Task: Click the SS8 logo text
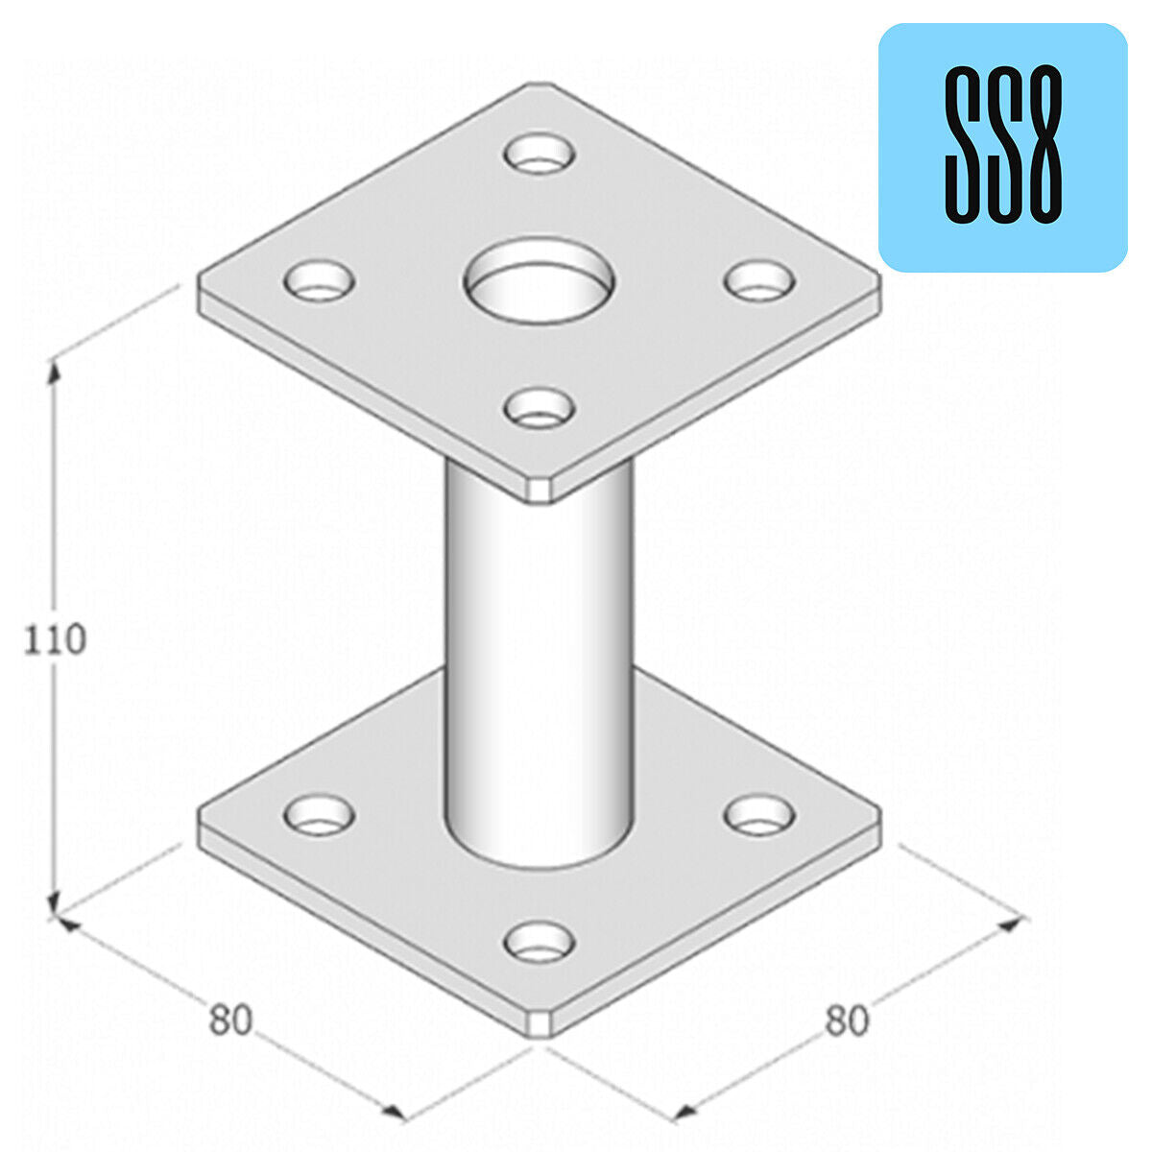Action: pos(1003,145)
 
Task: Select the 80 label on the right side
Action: pos(847,1020)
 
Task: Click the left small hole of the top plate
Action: pos(320,280)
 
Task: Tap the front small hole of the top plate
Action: pos(540,408)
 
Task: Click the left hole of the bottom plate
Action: pos(320,814)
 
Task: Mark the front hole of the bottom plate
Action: pos(540,942)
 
